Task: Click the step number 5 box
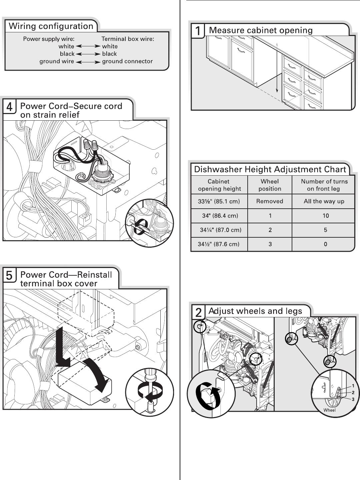(x=9, y=276)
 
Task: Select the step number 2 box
(x=198, y=312)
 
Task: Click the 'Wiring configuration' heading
(x=51, y=26)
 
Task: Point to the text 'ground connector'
(x=127, y=61)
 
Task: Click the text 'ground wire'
(x=57, y=61)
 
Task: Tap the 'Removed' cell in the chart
(x=270, y=201)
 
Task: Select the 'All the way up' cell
(x=324, y=201)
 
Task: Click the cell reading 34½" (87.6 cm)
(x=219, y=244)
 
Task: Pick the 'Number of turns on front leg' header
(x=324, y=185)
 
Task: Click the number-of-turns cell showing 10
(x=326, y=216)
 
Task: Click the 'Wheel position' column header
(x=270, y=185)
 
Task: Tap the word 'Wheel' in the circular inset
(x=329, y=410)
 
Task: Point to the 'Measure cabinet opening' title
(x=261, y=30)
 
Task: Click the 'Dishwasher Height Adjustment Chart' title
(x=270, y=169)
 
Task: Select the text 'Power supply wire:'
(x=49, y=39)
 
